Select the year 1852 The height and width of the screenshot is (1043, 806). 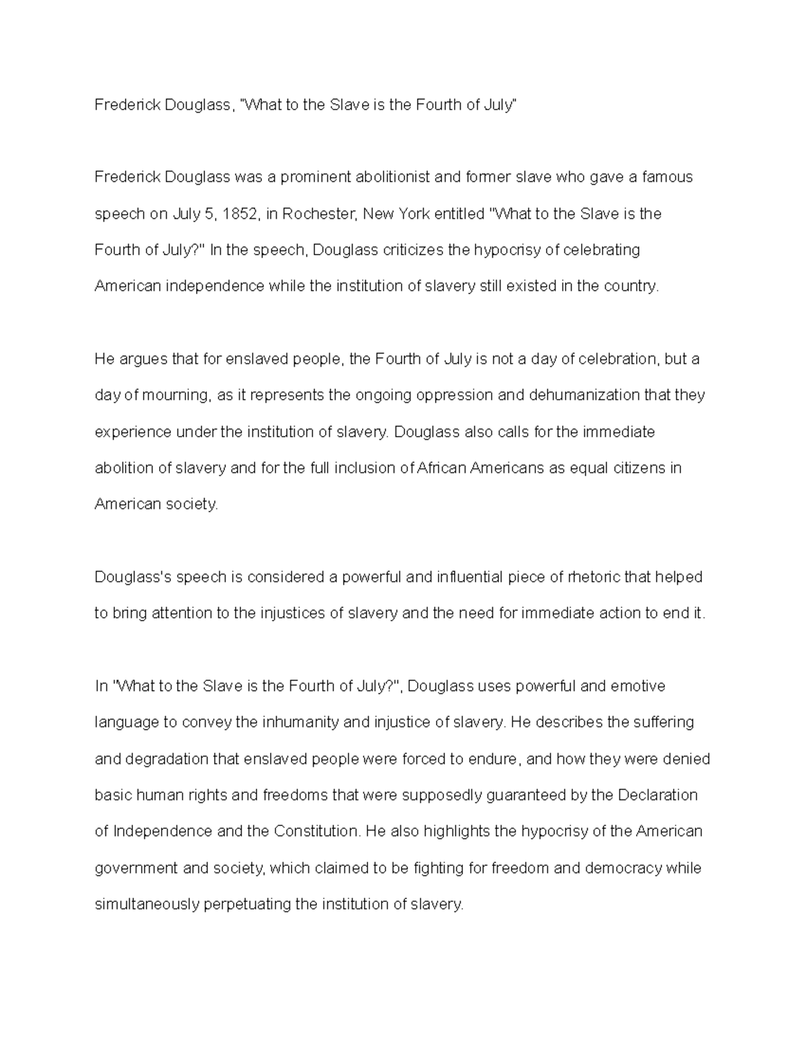click(x=239, y=214)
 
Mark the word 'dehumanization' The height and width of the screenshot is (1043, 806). click(x=584, y=396)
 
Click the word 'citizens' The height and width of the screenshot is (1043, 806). click(x=630, y=468)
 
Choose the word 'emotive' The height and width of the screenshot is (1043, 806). click(x=637, y=686)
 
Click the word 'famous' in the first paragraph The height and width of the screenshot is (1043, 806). click(x=667, y=177)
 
